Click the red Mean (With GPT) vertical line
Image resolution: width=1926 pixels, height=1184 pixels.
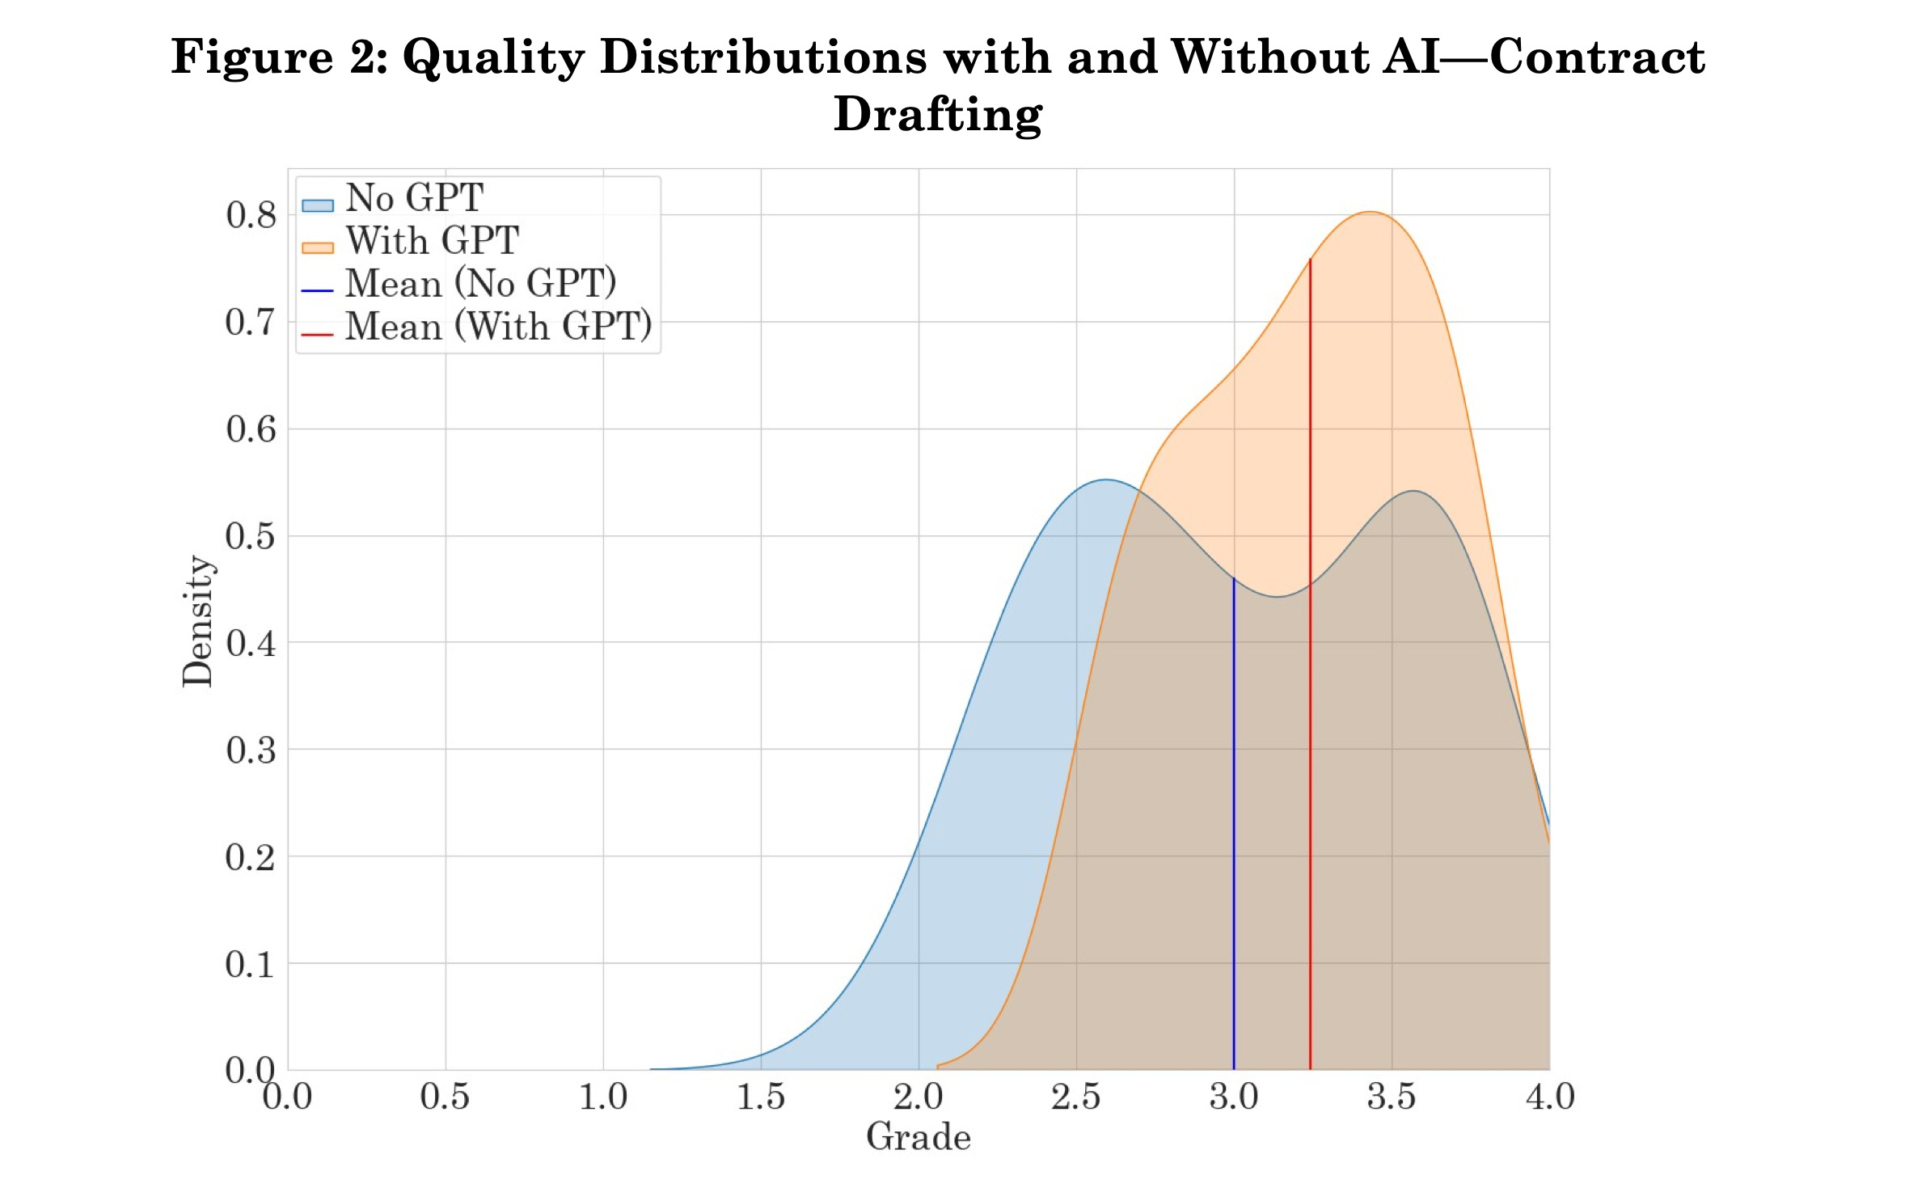pos(1310,728)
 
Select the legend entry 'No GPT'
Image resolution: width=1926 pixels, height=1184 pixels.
pos(414,198)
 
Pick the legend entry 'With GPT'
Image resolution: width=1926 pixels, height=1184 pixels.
pos(432,241)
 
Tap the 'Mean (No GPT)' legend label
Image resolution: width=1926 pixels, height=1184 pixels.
pos(480,284)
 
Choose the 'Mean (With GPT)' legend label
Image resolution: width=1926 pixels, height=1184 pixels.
pos(498,327)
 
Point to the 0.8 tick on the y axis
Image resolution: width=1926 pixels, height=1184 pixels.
pos(251,215)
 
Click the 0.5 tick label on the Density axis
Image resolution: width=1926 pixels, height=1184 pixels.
pos(251,536)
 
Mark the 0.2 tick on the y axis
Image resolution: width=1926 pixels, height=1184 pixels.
pos(251,857)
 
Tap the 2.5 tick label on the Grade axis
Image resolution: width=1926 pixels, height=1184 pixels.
pos(1076,1097)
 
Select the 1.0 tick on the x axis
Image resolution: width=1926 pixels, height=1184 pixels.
pos(603,1097)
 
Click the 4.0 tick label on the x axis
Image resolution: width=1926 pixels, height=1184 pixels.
pos(1549,1097)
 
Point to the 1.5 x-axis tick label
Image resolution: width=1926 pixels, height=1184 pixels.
pos(761,1097)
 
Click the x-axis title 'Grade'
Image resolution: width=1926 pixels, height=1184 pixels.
pos(919,1138)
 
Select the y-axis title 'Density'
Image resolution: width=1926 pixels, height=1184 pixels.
pos(197,621)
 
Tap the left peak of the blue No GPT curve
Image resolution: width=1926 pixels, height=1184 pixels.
pos(1106,480)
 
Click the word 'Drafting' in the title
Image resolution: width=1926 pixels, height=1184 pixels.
pos(938,115)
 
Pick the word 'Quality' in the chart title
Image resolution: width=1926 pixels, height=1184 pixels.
pos(493,58)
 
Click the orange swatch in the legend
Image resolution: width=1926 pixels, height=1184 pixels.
pos(318,247)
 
